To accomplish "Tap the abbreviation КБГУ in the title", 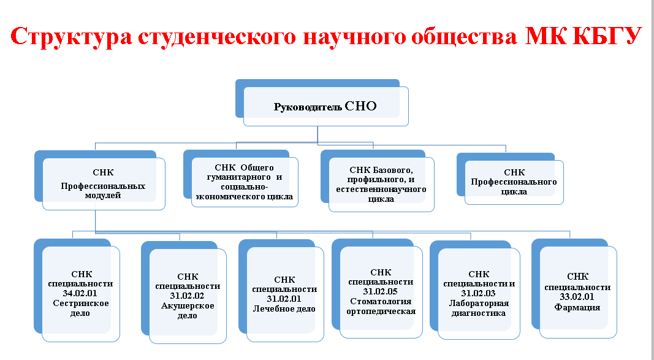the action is [607, 35].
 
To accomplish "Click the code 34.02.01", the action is [80, 293].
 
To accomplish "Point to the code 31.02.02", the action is [188, 296].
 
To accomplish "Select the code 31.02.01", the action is [284, 299].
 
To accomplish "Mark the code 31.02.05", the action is [381, 291].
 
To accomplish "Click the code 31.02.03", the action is [478, 293].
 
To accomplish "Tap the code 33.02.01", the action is [577, 297].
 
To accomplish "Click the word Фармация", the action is [577, 307].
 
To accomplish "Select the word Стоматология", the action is [381, 301].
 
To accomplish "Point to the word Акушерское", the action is [188, 306].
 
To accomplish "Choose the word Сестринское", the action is [81, 303].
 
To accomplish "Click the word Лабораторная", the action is [479, 303].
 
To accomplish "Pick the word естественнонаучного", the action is [381, 190].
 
